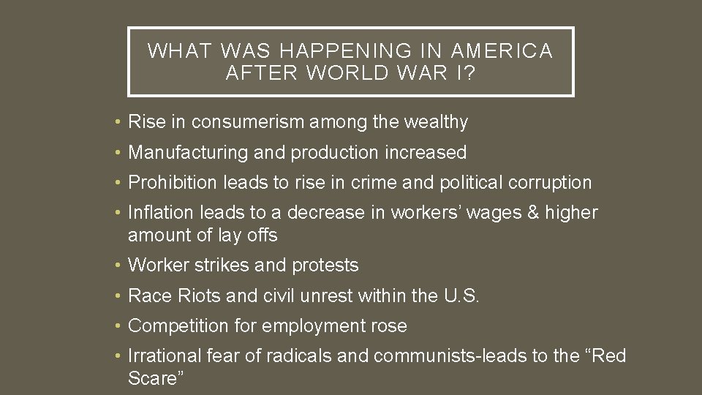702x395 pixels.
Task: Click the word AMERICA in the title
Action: click(x=502, y=50)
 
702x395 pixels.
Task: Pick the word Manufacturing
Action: click(x=188, y=152)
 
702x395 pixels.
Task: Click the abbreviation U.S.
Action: click(x=461, y=296)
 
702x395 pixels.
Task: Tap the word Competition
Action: click(x=175, y=326)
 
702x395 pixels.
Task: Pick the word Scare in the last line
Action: click(x=151, y=378)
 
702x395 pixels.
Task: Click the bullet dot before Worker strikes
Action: click(x=118, y=266)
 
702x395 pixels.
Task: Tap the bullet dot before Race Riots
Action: click(x=118, y=296)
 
